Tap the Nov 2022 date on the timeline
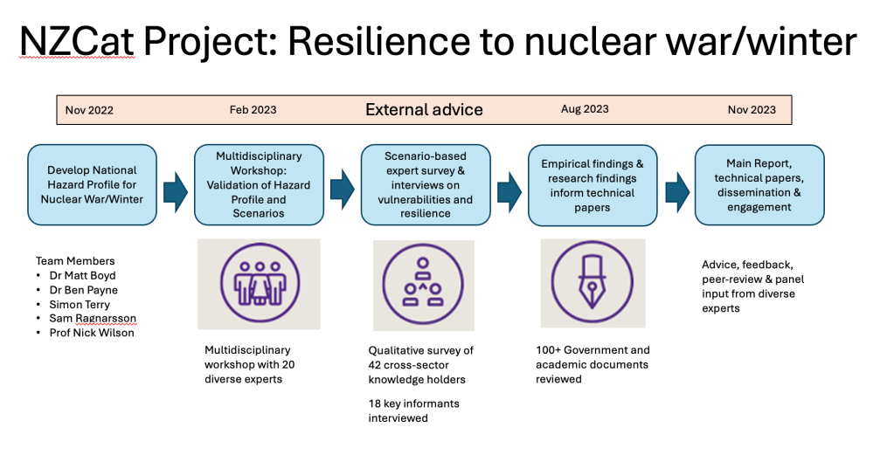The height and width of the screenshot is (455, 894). pyautogui.click(x=89, y=110)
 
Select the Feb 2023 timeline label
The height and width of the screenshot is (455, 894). pyautogui.click(x=253, y=110)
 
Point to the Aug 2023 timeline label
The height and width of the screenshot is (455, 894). pyautogui.click(x=585, y=109)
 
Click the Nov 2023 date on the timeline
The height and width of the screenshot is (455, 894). pyautogui.click(x=752, y=110)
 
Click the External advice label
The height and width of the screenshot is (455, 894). pyautogui.click(x=424, y=110)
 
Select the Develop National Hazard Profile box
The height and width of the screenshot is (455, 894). pyautogui.click(x=93, y=184)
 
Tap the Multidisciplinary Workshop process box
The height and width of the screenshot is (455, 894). pyautogui.click(x=259, y=184)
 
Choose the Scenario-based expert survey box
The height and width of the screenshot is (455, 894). pyautogui.click(x=425, y=184)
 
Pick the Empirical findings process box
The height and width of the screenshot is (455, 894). pyautogui.click(x=593, y=184)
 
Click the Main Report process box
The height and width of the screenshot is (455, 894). pyautogui.click(x=759, y=184)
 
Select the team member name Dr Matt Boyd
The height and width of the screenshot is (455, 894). pyautogui.click(x=82, y=276)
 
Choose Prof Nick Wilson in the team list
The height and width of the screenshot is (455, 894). pyautogui.click(x=91, y=333)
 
